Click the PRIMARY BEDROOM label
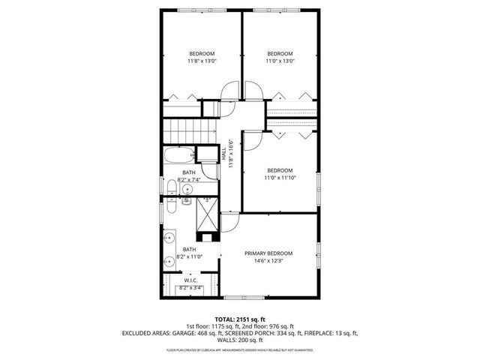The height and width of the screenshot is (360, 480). point(268,253)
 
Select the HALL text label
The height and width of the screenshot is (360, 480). point(223,154)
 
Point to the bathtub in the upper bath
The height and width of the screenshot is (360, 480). point(178,157)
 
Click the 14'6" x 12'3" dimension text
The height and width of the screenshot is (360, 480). point(268,262)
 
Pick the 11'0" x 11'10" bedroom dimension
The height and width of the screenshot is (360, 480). point(280,178)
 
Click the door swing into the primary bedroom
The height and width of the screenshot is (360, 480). point(229,223)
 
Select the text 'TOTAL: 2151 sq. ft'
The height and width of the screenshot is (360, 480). point(239,318)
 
